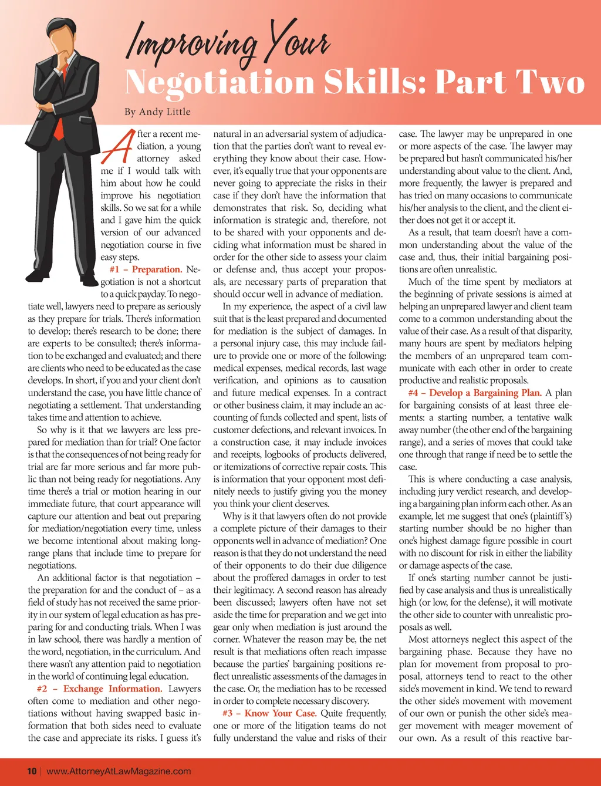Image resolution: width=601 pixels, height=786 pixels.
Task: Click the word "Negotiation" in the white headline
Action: coord(221,82)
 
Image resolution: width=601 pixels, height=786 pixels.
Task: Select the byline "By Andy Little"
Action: coord(157,112)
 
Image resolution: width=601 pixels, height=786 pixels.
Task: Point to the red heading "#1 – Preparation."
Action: coord(146,269)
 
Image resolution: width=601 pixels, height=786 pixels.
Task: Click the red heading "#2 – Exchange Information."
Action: coord(99,689)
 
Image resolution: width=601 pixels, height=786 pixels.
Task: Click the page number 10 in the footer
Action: coord(32,771)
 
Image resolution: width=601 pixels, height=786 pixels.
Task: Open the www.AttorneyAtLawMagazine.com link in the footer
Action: coord(119,771)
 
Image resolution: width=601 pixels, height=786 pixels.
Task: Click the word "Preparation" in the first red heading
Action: coord(156,269)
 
